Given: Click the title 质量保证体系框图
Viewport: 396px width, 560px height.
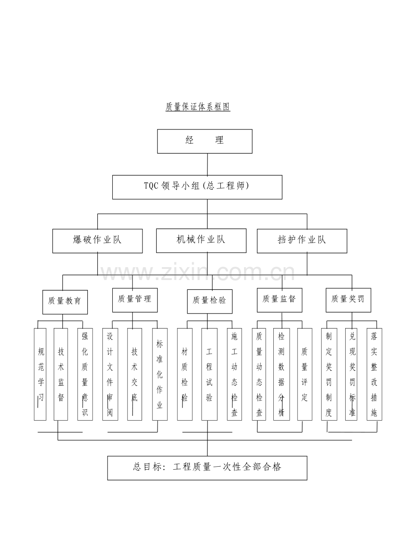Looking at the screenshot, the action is coord(198,107).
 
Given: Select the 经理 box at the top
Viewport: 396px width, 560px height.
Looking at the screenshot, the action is coord(204,141).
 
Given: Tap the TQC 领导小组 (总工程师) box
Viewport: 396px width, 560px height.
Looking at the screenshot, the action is coord(197,187).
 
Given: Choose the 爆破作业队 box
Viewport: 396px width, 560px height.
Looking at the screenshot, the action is coord(97,241).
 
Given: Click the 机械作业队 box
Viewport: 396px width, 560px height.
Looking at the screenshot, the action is coord(201,241).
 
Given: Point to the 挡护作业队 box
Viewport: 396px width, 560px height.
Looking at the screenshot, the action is coord(302,241).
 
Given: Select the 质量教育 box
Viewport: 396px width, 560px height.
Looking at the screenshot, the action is coord(65,302).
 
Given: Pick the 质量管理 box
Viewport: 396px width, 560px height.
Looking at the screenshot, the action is coord(135,300).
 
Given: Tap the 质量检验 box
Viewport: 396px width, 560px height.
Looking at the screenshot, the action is coord(210,302).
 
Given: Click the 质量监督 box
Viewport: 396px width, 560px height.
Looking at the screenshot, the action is coord(279,300).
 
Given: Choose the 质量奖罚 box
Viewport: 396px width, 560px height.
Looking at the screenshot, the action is coord(348,300).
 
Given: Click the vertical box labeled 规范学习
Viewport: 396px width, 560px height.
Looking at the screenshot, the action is coord(40,374).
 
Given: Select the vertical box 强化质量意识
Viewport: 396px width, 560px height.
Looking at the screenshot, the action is coord(85,374).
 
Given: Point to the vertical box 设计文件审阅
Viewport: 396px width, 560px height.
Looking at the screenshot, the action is coord(110,374).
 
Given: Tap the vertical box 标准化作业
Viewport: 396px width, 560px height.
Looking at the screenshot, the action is coord(160,374).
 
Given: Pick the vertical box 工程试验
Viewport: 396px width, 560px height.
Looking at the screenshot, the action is coord(209,374).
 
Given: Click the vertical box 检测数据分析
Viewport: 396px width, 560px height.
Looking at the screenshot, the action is coord(282,374).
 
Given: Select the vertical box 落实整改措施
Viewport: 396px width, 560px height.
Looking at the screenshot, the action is coord(374,374).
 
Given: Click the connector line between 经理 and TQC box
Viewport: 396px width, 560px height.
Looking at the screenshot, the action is coord(207,164).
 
